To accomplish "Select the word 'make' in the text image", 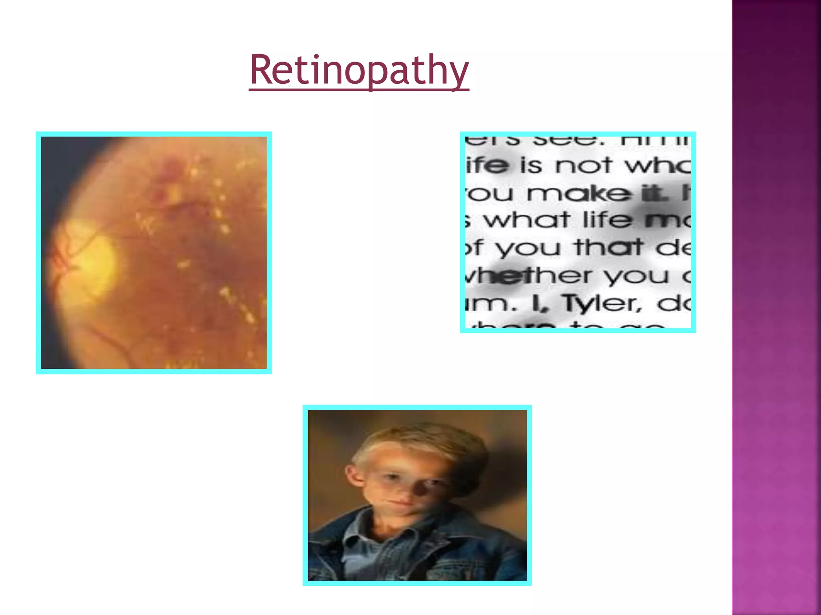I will click(x=578, y=194).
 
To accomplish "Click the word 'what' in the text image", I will click(x=526, y=220).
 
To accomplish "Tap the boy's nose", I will click(x=401, y=486).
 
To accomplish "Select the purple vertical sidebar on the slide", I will click(x=776, y=307).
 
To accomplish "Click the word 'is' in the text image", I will click(x=532, y=165).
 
